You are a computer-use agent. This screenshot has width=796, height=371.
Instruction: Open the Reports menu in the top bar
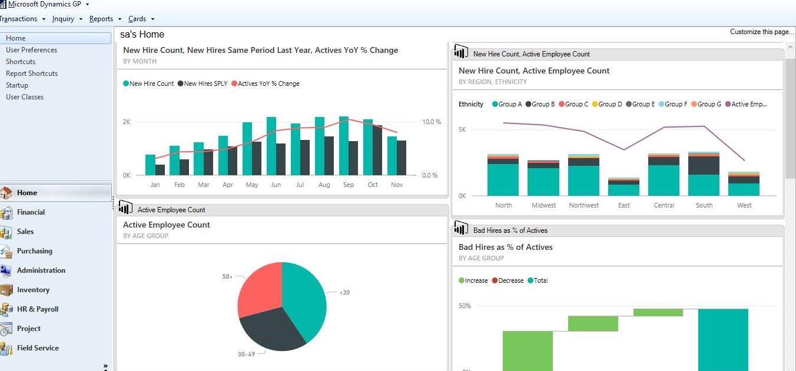click(101, 19)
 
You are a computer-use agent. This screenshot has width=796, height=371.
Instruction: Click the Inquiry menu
click(64, 19)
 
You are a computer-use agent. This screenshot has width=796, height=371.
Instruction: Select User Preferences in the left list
click(32, 50)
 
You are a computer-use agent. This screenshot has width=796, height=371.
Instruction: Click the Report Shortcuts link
click(32, 73)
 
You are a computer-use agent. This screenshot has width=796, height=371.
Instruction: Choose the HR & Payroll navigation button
click(38, 309)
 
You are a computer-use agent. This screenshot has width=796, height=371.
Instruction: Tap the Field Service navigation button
click(38, 348)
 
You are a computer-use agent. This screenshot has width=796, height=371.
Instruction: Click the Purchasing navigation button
click(34, 251)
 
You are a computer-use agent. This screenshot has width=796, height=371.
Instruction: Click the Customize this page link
click(762, 32)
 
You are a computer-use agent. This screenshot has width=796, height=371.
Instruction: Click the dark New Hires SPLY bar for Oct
click(377, 151)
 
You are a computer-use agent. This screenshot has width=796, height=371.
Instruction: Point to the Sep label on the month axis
click(349, 185)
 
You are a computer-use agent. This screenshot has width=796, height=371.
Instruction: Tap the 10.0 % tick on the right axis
click(431, 122)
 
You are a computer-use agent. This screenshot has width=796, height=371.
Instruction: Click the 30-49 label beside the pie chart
click(246, 355)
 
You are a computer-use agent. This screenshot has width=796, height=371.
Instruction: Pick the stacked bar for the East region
click(623, 187)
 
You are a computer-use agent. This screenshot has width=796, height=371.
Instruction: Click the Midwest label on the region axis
click(543, 205)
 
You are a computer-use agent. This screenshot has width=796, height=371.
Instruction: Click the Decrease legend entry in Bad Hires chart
click(510, 280)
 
